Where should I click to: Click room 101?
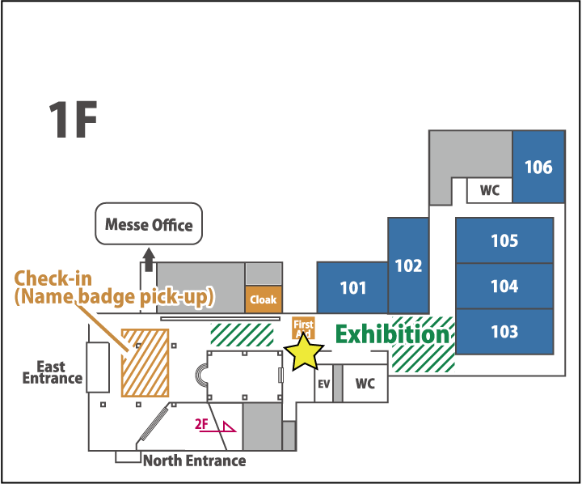(352, 287)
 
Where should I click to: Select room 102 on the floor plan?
(408, 265)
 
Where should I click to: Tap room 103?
(504, 332)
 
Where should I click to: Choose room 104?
(504, 286)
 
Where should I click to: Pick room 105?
(504, 240)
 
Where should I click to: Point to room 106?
(538, 168)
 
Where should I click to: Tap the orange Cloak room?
(263, 299)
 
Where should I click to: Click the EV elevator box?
(323, 384)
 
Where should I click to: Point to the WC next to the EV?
(365, 384)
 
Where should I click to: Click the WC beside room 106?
(490, 191)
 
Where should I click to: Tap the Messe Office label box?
(150, 224)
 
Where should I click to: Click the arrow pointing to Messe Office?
(149, 260)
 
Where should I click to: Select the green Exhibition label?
(392, 333)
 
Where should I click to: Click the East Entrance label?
(52, 372)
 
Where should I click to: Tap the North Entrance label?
(194, 461)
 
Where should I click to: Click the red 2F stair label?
(202, 423)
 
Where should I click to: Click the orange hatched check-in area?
(145, 362)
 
